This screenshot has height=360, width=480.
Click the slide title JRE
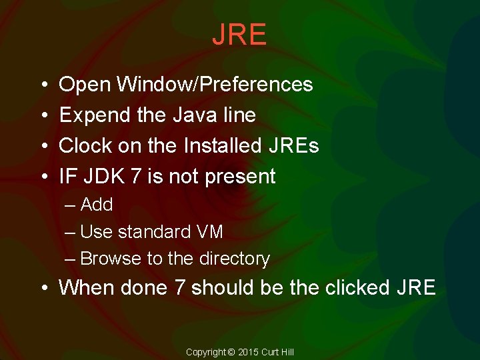coord(239,35)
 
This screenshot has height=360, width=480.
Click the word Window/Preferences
coord(214,85)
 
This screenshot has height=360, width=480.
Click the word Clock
coord(84,145)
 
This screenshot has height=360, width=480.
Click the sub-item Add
coord(97,205)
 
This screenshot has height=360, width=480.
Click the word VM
coord(209,232)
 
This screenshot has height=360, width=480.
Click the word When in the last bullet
coord(87,288)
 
